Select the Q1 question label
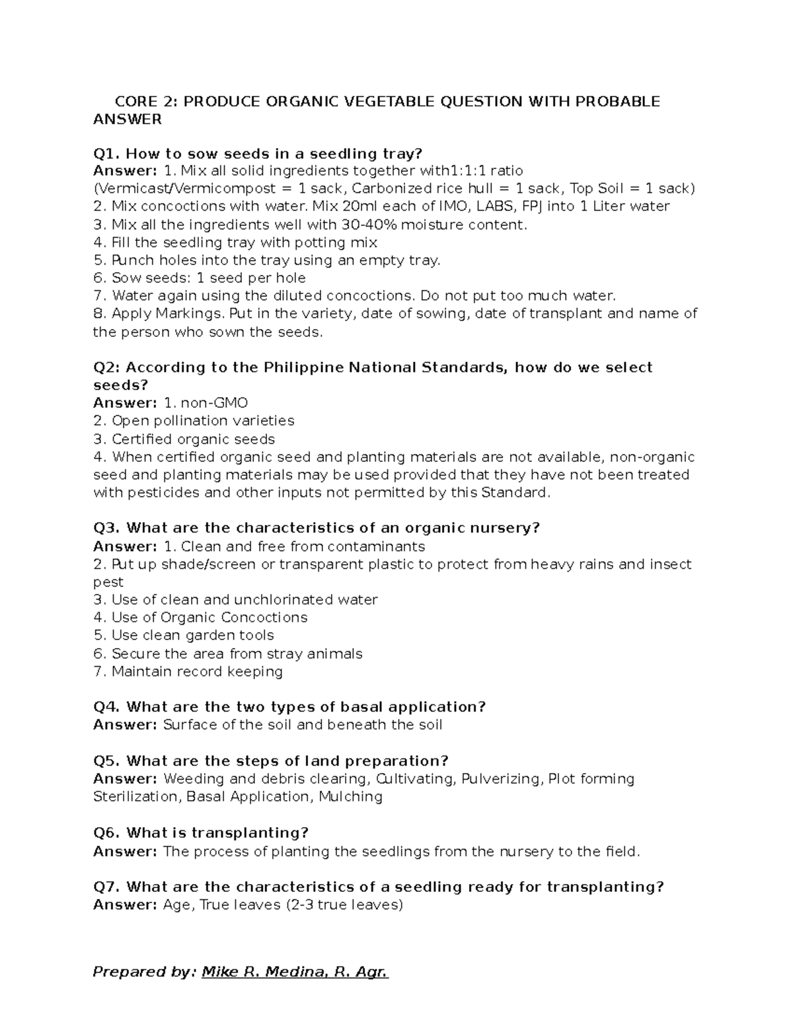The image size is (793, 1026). click(x=106, y=154)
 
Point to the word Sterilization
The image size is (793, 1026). click(x=135, y=797)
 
